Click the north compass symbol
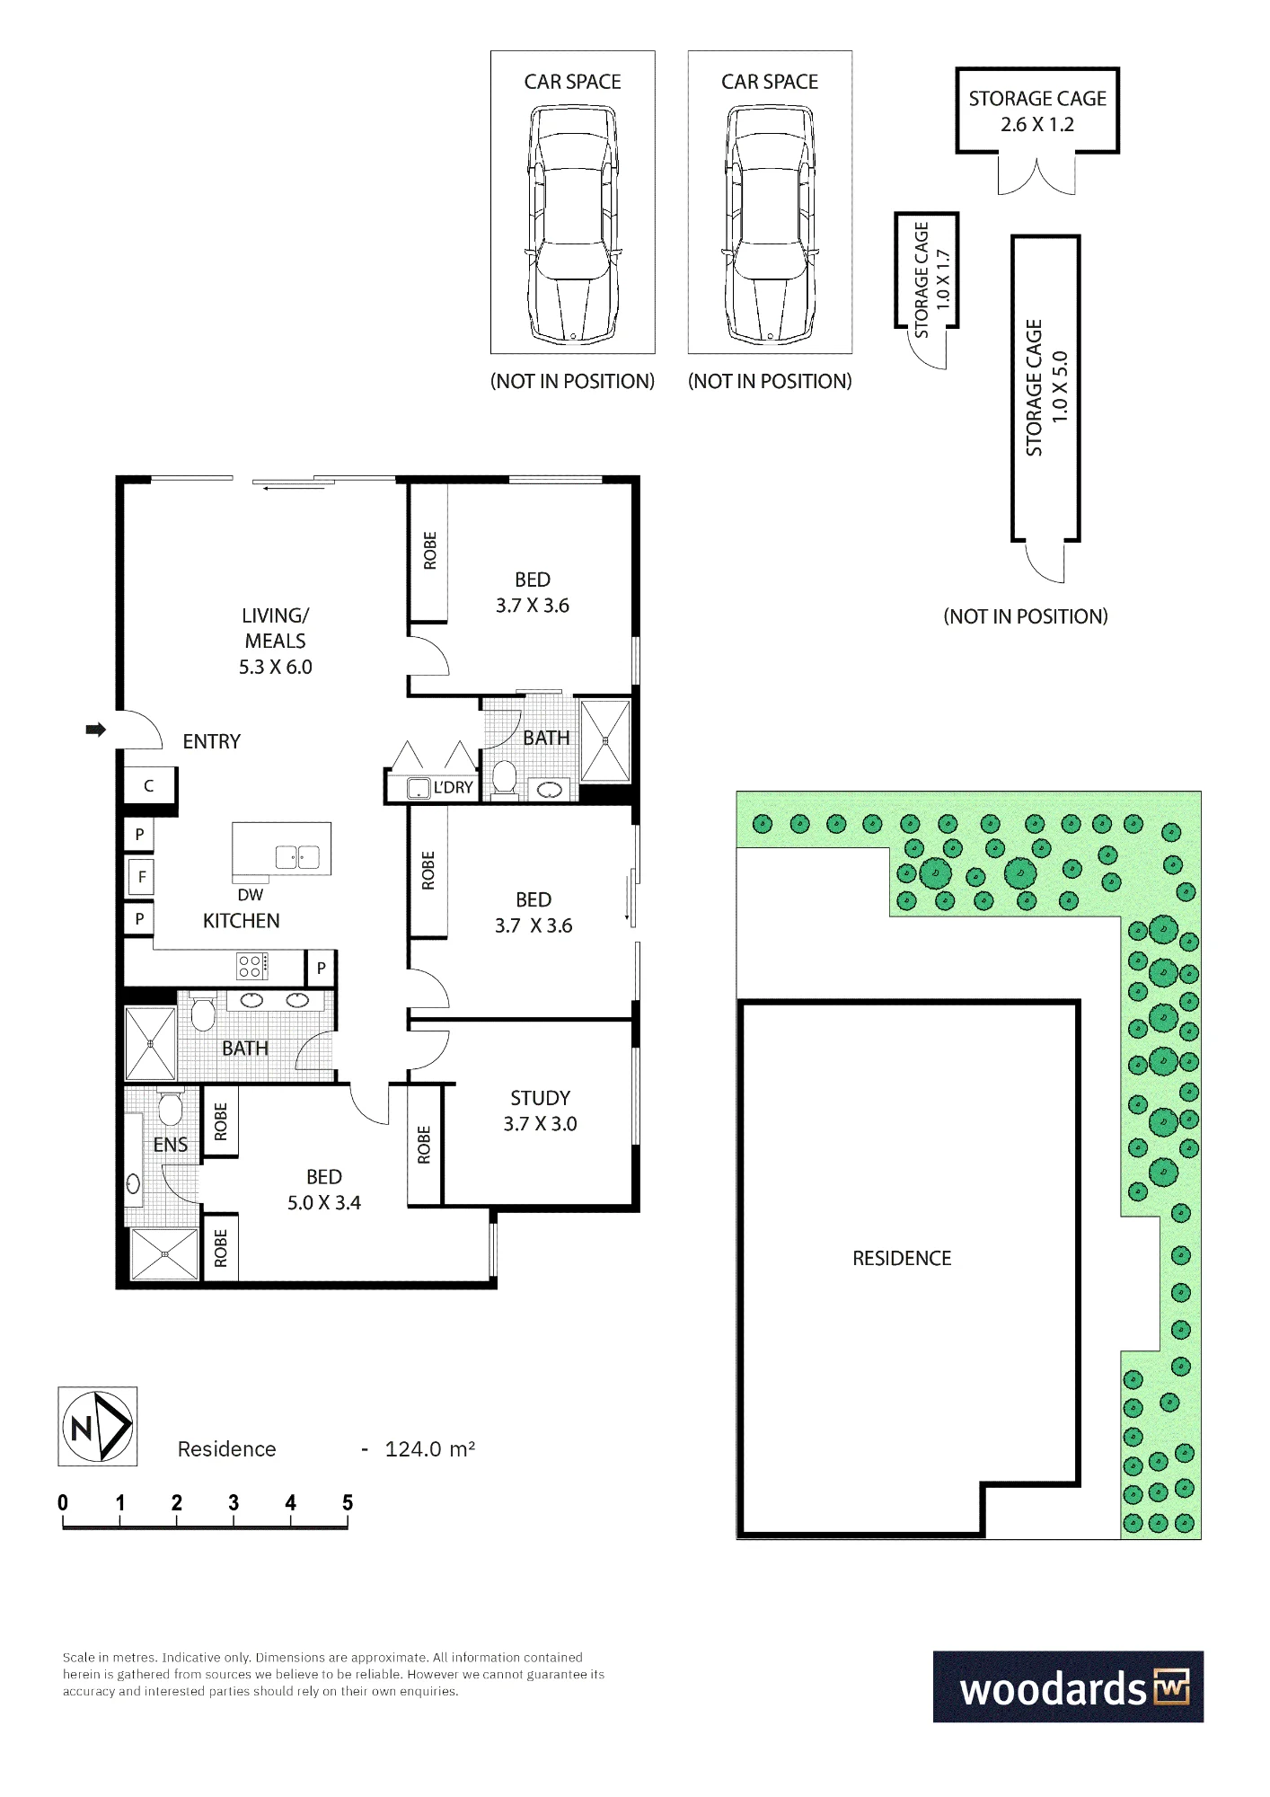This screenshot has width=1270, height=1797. click(x=98, y=1426)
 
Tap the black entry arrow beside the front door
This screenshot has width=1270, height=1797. click(x=96, y=730)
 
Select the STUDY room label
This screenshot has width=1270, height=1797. click(x=540, y=1098)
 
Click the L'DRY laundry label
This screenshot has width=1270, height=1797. click(x=453, y=787)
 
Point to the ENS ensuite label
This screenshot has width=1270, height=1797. click(x=171, y=1145)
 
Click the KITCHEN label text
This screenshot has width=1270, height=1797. click(x=241, y=921)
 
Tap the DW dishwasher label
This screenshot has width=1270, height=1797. click(x=251, y=895)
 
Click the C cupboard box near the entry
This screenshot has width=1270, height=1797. click(x=149, y=786)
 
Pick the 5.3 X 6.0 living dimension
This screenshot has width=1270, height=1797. click(x=276, y=667)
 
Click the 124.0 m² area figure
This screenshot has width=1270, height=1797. click(x=429, y=1449)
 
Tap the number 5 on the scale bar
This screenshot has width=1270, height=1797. click(x=348, y=1503)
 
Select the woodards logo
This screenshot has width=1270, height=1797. click(x=1068, y=1686)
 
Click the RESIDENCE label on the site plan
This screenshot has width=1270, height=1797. click(x=902, y=1258)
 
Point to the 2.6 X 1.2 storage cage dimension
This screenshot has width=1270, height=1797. click(x=1037, y=124)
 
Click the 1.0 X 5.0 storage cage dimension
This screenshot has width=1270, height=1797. click(x=1060, y=387)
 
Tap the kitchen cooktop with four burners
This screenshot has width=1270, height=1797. click(x=252, y=967)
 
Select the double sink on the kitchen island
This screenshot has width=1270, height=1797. click(x=297, y=857)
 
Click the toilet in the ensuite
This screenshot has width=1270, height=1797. click(x=171, y=1107)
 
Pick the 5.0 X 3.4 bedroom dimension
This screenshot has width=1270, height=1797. click(x=324, y=1202)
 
